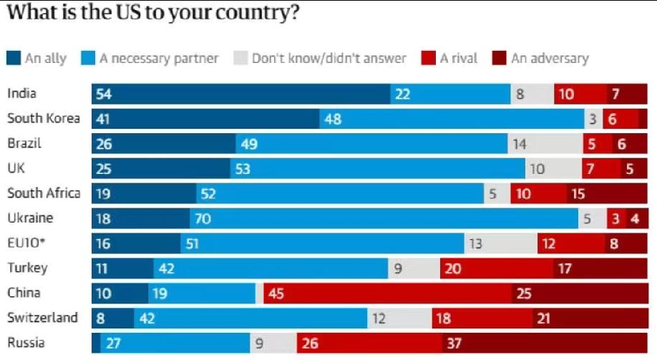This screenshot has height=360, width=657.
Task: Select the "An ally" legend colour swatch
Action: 14,58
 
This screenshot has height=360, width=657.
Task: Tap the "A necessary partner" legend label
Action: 158,58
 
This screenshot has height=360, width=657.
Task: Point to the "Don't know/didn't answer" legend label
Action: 328,58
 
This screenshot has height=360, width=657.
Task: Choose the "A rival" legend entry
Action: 458,58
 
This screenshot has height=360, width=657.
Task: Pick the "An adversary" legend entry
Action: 549,58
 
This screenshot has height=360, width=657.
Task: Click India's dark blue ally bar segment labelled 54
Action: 240,94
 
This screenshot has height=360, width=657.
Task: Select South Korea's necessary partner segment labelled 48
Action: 451,119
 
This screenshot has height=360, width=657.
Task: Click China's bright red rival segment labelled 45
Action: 387,293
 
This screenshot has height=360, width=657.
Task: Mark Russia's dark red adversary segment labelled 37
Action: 544,344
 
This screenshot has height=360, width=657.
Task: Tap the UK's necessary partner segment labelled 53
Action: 377,169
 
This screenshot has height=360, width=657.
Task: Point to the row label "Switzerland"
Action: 42,318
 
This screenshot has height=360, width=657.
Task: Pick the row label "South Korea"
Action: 43,118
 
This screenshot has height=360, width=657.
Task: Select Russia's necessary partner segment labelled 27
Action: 175,344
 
